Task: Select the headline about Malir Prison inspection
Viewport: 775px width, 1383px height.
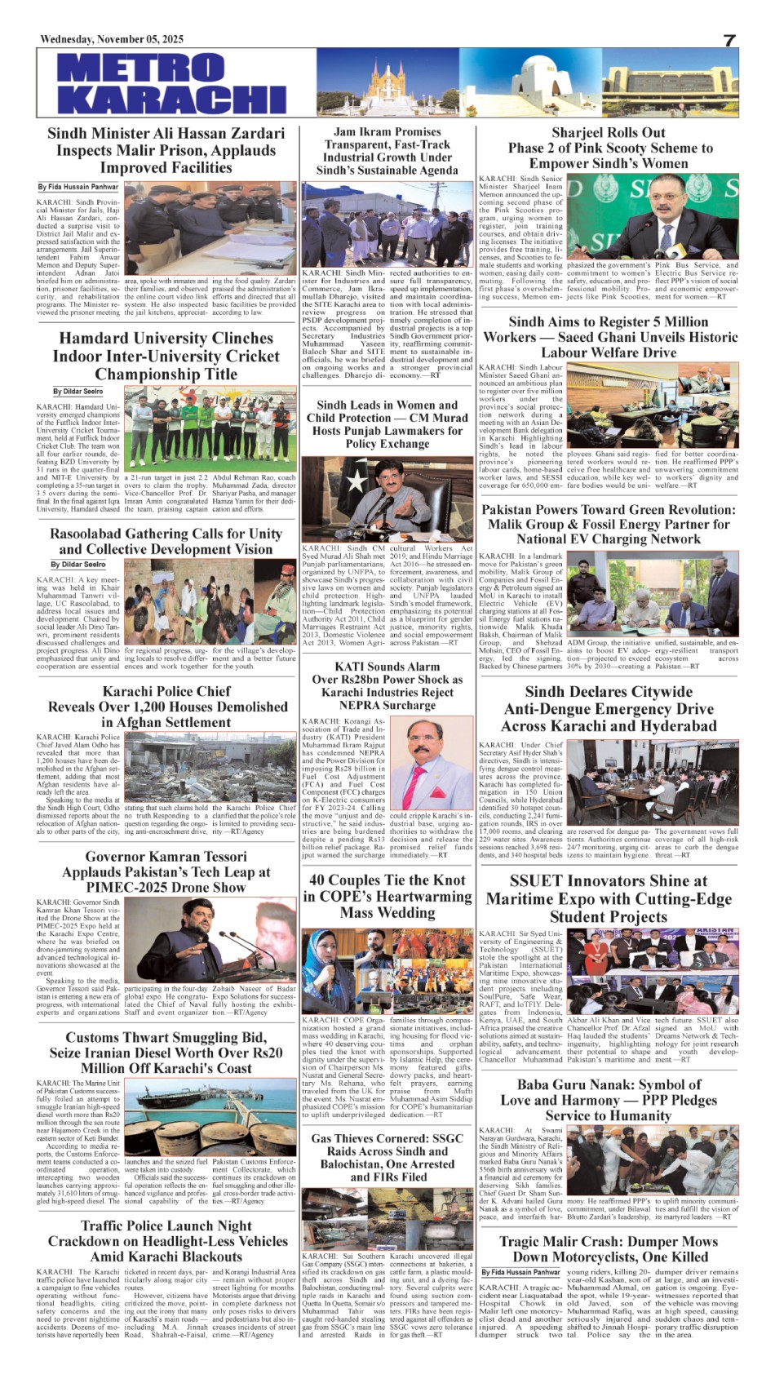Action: [166, 150]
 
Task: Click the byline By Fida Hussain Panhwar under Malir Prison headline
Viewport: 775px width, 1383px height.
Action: [78, 187]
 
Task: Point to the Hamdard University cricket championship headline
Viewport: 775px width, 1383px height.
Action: [166, 356]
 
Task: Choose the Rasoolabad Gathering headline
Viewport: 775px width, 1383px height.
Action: [166, 541]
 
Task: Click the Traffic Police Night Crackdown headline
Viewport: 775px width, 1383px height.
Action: [166, 1241]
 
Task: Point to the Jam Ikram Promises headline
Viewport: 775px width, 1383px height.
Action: [387, 151]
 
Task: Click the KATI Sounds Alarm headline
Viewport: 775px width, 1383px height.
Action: [387, 685]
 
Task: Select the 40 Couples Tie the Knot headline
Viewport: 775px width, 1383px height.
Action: [387, 896]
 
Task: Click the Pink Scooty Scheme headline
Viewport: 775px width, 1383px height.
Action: [609, 148]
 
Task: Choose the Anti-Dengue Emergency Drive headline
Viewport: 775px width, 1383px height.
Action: [609, 709]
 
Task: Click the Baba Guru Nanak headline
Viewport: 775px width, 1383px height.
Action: [609, 1100]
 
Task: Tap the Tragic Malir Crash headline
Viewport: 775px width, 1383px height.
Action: [609, 1248]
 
